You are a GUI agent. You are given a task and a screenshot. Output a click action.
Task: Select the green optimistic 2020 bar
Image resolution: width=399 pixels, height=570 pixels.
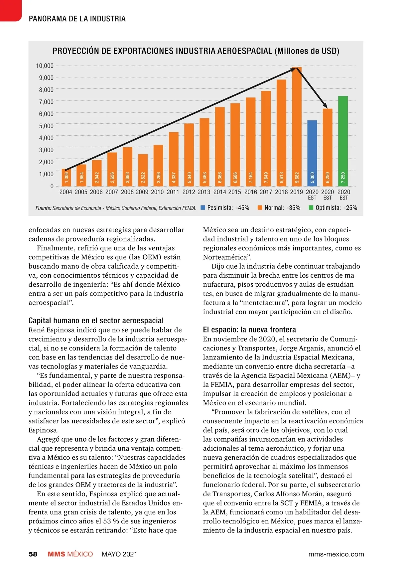[343, 141]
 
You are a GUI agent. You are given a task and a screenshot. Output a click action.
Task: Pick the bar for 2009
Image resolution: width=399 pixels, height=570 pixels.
[143, 170]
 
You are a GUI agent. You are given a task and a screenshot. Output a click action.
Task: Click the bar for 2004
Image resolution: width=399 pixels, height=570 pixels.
[66, 178]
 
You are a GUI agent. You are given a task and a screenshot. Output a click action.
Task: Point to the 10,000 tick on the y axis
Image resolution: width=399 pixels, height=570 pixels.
[45, 66]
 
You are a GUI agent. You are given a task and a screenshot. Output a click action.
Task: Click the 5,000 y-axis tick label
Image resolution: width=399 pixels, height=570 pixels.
[46, 126]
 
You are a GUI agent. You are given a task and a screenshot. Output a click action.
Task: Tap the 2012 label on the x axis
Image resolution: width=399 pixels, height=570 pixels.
[189, 192]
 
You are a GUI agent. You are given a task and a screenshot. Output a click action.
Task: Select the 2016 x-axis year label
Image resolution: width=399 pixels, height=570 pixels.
[250, 192]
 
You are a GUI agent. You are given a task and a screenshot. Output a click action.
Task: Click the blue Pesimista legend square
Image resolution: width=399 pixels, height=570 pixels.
[203, 208]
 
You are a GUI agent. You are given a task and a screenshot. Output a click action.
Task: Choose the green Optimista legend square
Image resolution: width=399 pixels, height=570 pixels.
[311, 208]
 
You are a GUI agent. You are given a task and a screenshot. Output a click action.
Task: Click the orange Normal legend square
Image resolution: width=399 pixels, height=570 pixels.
[260, 208]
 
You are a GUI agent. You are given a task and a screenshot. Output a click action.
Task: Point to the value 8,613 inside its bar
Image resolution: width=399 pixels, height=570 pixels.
[281, 177]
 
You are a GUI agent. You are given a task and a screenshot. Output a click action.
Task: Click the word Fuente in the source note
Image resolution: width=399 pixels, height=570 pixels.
[43, 208]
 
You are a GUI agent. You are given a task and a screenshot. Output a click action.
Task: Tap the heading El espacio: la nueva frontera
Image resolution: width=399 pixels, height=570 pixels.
[249, 330]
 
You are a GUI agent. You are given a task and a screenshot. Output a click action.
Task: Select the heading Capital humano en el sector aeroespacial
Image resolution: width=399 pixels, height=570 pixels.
[96, 321]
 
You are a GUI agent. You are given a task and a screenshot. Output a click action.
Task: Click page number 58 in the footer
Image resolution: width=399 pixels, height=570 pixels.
[33, 554]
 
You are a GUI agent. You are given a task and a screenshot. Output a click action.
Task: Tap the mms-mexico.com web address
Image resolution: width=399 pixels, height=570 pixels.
[336, 554]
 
